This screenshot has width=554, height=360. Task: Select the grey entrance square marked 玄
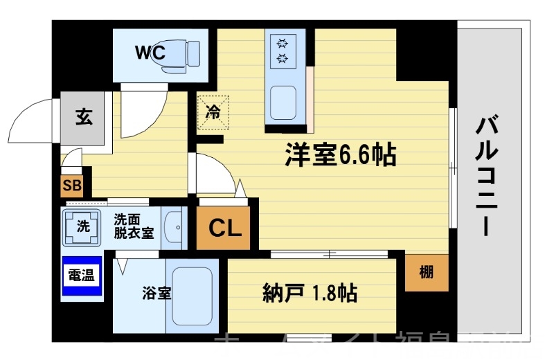[x=83, y=117]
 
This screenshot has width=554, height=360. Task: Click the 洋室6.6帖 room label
[x=340, y=155]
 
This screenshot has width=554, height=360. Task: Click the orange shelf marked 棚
[x=427, y=272]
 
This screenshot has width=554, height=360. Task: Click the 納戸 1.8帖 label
[x=310, y=294]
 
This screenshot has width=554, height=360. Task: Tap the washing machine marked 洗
[x=83, y=226]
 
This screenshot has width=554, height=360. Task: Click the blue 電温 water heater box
[x=81, y=276]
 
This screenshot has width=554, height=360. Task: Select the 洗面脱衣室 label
[x=134, y=227]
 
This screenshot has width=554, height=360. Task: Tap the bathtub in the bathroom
[x=190, y=296]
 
